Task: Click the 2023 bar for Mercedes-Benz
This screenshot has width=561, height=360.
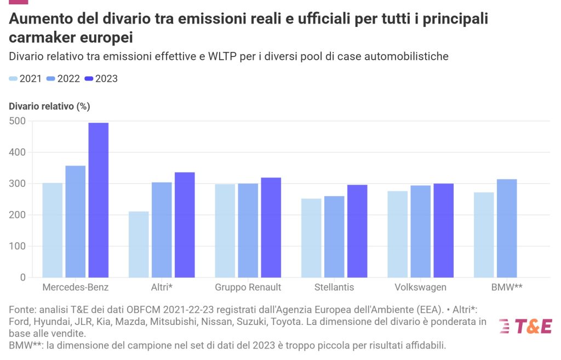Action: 99,200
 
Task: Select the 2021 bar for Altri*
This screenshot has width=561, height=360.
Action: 139,244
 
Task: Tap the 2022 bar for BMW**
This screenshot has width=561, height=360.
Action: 507,228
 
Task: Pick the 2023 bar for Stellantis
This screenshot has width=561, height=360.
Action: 357,231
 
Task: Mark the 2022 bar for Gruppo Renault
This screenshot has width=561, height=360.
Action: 248,230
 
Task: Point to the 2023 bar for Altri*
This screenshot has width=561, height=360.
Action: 185,225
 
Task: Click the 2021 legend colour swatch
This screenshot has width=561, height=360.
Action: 13,79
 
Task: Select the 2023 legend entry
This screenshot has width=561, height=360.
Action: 101,79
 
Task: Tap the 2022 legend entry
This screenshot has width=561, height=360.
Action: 64,79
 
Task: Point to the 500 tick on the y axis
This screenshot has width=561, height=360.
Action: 18,121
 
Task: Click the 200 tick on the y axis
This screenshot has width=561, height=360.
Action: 18,215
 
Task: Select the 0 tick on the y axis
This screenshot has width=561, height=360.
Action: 23,277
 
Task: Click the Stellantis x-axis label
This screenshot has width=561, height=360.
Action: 334,288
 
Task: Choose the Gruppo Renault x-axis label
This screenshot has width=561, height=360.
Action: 248,288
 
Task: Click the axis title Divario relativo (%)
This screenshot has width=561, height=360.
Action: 49,106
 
